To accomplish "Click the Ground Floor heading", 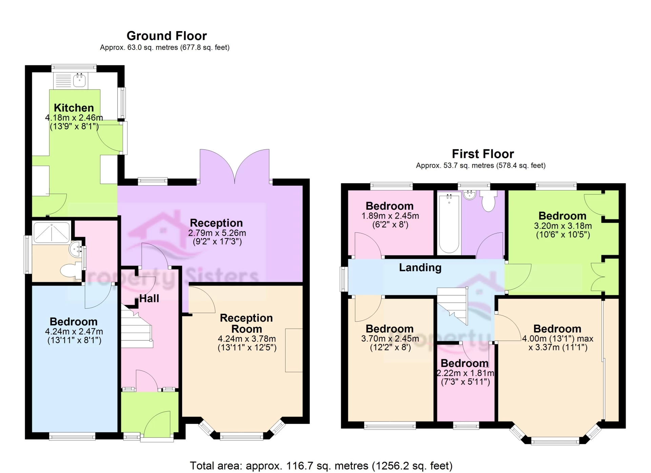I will click(x=166, y=36).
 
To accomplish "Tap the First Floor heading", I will click(x=483, y=154).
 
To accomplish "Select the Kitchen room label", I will click(x=74, y=108).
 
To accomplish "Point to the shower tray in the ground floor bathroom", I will click(x=52, y=232).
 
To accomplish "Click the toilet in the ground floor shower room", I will click(x=71, y=270).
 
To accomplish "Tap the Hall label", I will click(x=149, y=299).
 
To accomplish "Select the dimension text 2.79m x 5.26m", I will click(x=217, y=233).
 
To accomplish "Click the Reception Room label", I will click(x=246, y=323).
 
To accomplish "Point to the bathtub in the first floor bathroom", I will click(x=449, y=224).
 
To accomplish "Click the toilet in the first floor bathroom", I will click(x=488, y=202).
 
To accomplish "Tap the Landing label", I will click(x=420, y=268).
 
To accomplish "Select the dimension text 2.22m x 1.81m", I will click(x=465, y=373).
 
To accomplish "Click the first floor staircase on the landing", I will click(x=453, y=305).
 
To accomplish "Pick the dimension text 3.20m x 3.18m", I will click(x=563, y=226).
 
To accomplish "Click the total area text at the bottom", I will click(x=321, y=466).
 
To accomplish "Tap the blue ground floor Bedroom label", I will click(x=74, y=322).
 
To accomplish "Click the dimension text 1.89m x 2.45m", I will click(x=390, y=216).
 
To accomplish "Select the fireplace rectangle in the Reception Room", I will click(x=294, y=350).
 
